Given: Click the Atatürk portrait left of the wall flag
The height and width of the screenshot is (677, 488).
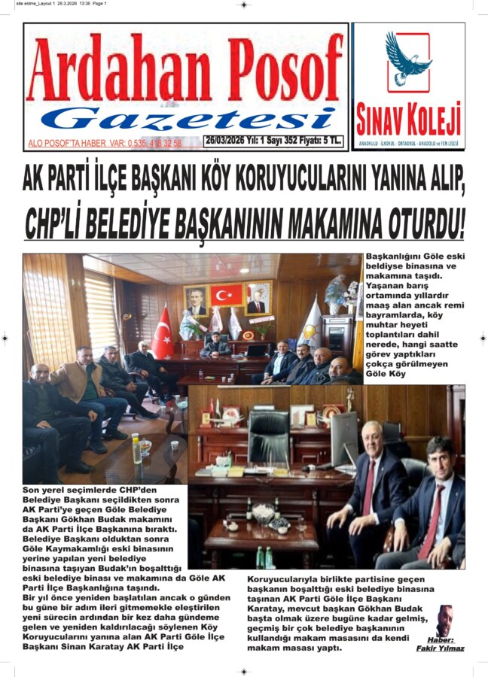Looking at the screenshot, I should [x=196, y=300].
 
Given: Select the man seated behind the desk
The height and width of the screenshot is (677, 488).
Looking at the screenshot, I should [x=217, y=347].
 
